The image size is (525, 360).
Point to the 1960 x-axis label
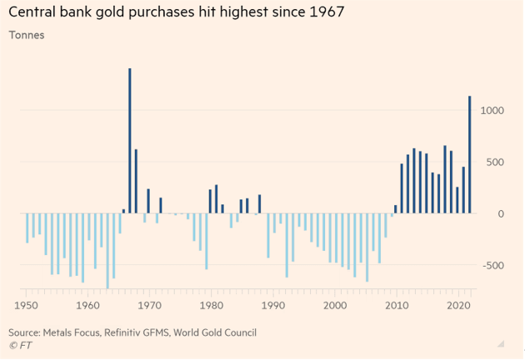(x=87, y=306)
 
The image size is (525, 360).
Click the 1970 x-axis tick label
(x=149, y=306)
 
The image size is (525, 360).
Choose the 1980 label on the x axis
(x=211, y=306)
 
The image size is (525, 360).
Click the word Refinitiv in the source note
(x=126, y=332)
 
